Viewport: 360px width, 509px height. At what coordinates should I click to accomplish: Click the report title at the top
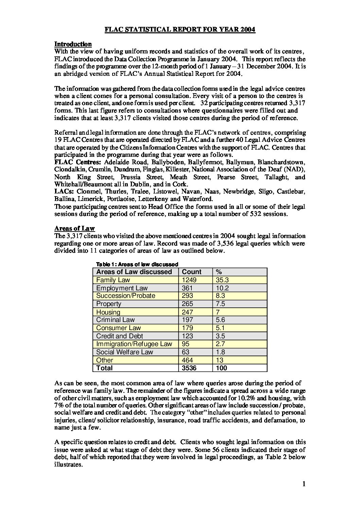click(180, 30)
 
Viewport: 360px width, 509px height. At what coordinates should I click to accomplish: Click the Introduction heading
click(73, 44)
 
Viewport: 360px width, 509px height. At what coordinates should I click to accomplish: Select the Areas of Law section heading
click(74, 228)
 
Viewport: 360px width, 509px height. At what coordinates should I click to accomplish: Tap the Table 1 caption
click(137, 264)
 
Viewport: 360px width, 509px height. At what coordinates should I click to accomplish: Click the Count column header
click(192, 272)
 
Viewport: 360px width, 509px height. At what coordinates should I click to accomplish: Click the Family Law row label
click(113, 280)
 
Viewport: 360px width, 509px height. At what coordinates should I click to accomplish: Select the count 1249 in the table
click(189, 280)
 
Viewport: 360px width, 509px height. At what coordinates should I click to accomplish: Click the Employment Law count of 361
click(188, 288)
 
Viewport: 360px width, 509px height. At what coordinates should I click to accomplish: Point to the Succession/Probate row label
click(126, 296)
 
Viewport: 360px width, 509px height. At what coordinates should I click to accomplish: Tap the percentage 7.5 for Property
click(221, 304)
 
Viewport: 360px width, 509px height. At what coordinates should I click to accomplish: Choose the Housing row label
click(108, 312)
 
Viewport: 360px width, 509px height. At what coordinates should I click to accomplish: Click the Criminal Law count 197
click(188, 320)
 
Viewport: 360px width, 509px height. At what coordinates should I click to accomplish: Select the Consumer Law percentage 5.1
click(221, 328)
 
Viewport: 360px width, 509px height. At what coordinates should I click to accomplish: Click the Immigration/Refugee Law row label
click(134, 344)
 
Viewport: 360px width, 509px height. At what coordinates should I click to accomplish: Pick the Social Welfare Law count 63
click(186, 352)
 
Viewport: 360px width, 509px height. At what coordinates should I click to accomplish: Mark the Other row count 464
click(188, 360)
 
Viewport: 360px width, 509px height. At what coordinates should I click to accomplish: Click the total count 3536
click(189, 368)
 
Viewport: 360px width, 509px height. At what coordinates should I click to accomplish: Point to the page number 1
click(304, 484)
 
